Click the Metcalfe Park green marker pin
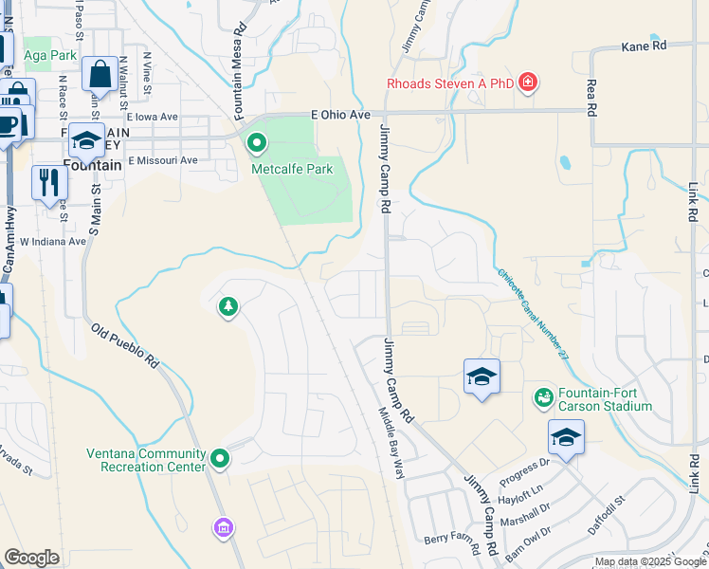point(256,144)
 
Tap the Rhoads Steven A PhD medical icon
point(528,83)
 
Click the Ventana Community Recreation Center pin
point(220,459)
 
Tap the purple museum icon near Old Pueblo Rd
point(223,526)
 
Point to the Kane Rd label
point(645,45)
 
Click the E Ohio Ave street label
point(340,114)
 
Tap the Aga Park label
point(50,55)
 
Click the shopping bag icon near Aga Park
point(100,74)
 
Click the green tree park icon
point(227,306)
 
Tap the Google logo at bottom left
point(31,558)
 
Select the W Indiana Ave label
point(55,241)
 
